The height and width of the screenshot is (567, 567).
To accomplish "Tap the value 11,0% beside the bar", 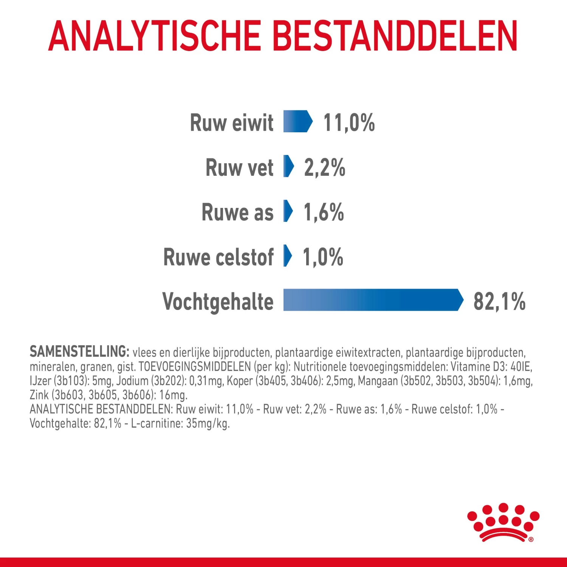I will [x=349, y=123].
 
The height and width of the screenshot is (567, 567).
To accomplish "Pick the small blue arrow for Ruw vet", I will [x=288, y=166].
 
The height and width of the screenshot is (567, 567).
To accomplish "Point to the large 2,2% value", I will [x=324, y=167].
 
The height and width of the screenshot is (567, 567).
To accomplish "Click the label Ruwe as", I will [x=237, y=212].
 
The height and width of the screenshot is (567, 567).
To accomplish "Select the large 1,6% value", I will [x=324, y=212].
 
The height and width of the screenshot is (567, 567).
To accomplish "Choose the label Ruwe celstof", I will [x=218, y=257].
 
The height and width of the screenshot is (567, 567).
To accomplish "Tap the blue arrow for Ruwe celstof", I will [x=288, y=256].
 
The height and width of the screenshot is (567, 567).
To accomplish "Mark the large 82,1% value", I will [x=499, y=302].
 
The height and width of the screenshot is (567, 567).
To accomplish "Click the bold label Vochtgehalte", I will [x=218, y=302].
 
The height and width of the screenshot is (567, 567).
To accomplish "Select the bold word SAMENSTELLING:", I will [x=79, y=352].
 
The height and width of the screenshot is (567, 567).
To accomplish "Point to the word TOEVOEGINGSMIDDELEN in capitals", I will [x=195, y=367].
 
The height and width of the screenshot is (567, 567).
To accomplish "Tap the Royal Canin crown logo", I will [x=503, y=522].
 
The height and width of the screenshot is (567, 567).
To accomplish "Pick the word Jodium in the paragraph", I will [x=132, y=381].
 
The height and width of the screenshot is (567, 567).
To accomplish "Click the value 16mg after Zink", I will [x=173, y=395].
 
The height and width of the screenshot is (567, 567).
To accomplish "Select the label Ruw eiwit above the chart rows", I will [x=231, y=123].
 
